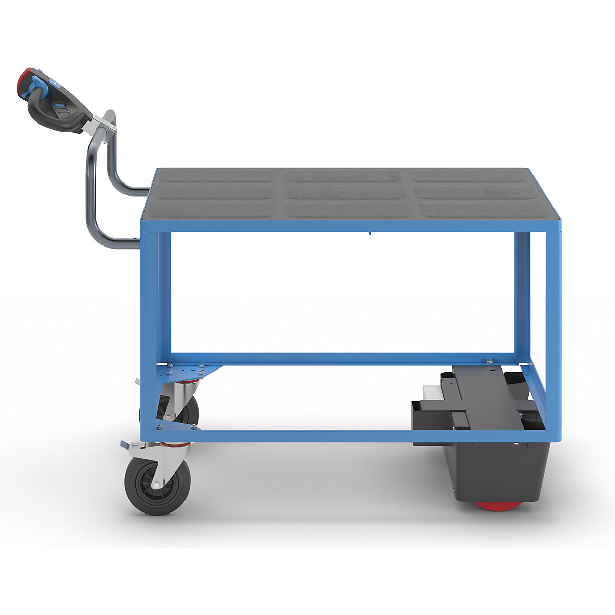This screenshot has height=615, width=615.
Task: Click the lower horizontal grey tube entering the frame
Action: click(x=123, y=244)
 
